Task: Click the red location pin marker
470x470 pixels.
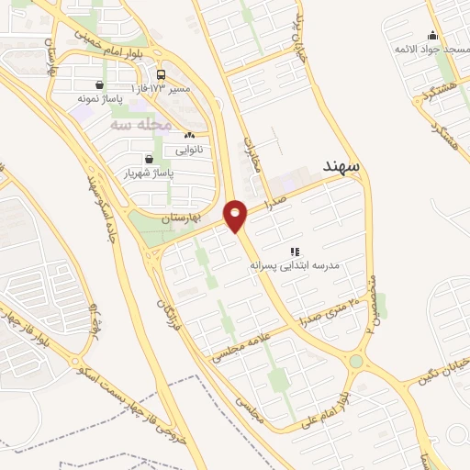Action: tap(237, 217)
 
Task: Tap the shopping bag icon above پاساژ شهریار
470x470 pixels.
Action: tap(148, 159)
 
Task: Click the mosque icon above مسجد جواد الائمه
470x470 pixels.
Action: tap(432, 36)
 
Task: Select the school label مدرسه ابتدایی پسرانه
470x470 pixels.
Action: tap(295, 264)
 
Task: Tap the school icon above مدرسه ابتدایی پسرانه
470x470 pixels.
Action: tap(295, 251)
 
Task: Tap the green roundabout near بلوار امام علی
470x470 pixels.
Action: tap(355, 362)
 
